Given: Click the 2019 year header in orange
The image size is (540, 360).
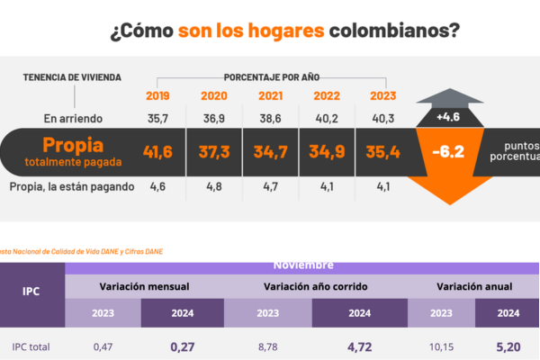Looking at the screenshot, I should (x=159, y=96).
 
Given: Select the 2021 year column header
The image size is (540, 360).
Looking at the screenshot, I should (x=270, y=96).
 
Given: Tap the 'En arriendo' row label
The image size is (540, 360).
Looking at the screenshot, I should (x=74, y=118).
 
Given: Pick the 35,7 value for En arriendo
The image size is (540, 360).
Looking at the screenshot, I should (x=159, y=118).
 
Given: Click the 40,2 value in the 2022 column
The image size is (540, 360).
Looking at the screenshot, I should (x=326, y=118).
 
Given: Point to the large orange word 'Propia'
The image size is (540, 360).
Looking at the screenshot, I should (x=74, y=145).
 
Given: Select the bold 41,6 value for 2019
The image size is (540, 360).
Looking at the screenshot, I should (x=159, y=152).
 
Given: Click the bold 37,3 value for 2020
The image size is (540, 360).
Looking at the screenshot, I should (x=213, y=152).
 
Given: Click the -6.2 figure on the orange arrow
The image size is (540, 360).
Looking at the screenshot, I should (x=447, y=152).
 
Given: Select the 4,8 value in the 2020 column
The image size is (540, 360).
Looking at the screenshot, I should (x=213, y=186).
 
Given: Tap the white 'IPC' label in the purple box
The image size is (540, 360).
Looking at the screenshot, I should (x=31, y=292).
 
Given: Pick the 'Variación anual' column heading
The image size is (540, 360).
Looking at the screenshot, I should (x=474, y=285).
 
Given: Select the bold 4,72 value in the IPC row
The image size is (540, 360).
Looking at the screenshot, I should (x=359, y=345).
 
